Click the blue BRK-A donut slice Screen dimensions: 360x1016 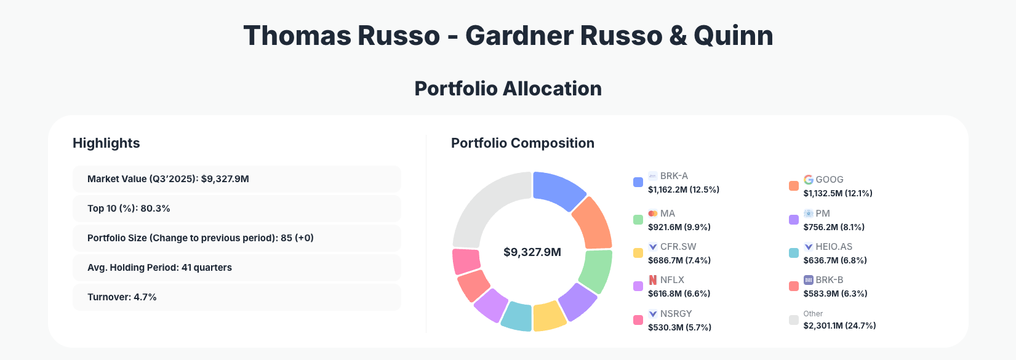coord(558,190)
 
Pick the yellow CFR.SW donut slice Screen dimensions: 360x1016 coord(549,316)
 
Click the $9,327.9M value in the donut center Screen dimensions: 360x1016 coord(532,252)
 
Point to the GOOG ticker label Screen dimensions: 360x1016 coord(829,180)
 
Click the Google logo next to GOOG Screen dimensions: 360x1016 coord(809,180)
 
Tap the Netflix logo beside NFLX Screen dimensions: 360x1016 coord(653,280)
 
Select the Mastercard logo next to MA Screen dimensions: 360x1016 coord(653,214)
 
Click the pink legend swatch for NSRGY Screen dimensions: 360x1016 coord(638,320)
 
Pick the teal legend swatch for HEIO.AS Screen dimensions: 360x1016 coord(794,253)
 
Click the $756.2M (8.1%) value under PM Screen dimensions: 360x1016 coord(834,227)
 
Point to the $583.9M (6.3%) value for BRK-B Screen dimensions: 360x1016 coord(835,294)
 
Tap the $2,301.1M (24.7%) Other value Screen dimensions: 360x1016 coord(839,326)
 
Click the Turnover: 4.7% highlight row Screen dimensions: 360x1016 coord(236,297)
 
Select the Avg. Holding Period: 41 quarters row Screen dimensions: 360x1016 coord(236,268)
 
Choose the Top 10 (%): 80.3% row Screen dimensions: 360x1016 coord(236,209)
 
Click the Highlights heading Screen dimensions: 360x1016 coord(106,143)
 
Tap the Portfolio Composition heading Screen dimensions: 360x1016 coord(522,143)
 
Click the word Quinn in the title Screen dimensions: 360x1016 coord(733,36)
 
